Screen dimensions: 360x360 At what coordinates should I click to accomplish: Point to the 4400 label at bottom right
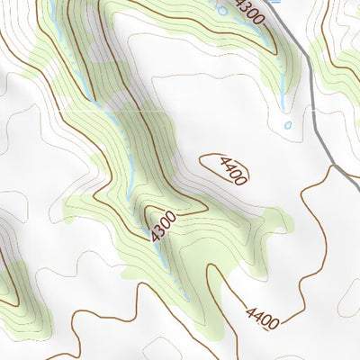262,314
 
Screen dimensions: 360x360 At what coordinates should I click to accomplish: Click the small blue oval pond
288,125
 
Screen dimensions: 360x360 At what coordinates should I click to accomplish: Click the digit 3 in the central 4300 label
161,227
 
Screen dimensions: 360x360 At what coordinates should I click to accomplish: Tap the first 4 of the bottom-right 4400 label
250,308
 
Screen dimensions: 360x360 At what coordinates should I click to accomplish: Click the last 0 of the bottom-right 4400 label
274,321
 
